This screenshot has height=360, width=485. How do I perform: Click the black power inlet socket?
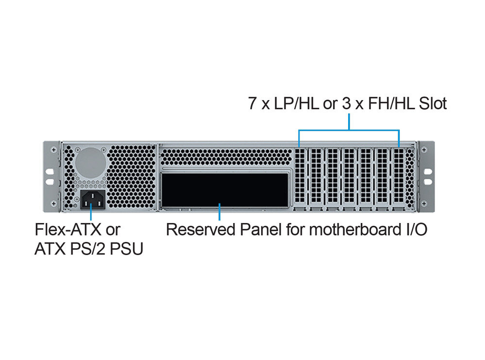(x=92, y=200)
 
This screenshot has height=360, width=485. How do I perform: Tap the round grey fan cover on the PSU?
(x=91, y=163)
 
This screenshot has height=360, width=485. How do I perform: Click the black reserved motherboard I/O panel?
(x=225, y=190)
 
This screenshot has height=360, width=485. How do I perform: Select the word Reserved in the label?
(x=201, y=229)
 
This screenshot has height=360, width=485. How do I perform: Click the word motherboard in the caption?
(x=354, y=229)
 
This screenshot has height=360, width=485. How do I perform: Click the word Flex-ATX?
(x=68, y=229)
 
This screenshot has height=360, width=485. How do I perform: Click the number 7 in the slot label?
(x=253, y=103)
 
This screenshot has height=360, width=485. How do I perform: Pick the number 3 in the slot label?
(x=347, y=103)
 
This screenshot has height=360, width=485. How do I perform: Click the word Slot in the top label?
(x=433, y=103)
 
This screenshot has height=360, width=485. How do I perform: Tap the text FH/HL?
(x=391, y=103)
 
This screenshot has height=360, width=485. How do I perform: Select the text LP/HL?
(x=297, y=103)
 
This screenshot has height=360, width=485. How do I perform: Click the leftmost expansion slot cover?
(x=300, y=176)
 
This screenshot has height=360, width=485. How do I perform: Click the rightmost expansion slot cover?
(x=399, y=176)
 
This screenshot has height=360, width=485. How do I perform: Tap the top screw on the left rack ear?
(x=54, y=150)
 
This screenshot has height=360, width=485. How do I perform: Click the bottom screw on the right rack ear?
(x=424, y=204)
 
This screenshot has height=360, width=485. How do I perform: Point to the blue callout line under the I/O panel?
(x=219, y=212)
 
